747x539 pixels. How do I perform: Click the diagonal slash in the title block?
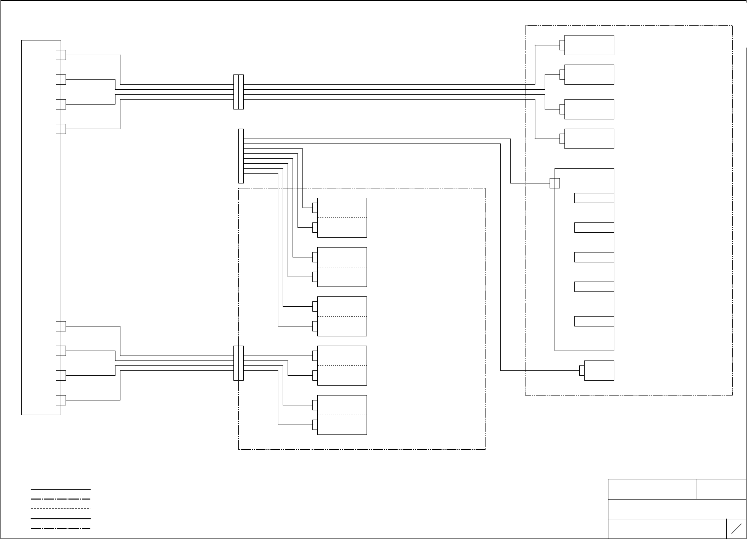tap(736, 529)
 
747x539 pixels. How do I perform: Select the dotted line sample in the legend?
tap(61, 508)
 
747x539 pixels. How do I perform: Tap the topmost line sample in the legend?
tap(61, 489)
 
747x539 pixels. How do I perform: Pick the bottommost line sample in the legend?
tap(61, 529)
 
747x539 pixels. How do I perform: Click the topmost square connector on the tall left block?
tap(61, 55)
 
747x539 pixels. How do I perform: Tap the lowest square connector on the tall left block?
tap(61, 400)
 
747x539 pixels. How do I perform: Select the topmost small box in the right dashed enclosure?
tap(589, 45)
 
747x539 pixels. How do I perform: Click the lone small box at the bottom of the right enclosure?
tap(599, 370)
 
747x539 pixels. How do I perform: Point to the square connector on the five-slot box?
tap(555, 183)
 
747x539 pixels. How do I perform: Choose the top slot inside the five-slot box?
tap(594, 198)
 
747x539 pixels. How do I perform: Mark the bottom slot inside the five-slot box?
tap(594, 321)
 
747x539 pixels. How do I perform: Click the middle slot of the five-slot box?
tap(594, 257)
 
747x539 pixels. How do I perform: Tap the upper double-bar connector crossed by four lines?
tap(238, 92)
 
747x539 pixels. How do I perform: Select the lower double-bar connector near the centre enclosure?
tap(238, 363)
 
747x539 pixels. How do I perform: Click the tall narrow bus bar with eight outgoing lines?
tap(241, 156)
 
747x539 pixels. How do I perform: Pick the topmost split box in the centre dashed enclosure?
tap(342, 217)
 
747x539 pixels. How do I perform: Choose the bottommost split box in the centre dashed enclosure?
tap(342, 415)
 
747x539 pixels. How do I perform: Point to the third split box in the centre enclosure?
tap(342, 316)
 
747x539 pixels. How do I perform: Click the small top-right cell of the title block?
tap(721, 489)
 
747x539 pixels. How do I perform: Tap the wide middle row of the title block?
tap(677, 509)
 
